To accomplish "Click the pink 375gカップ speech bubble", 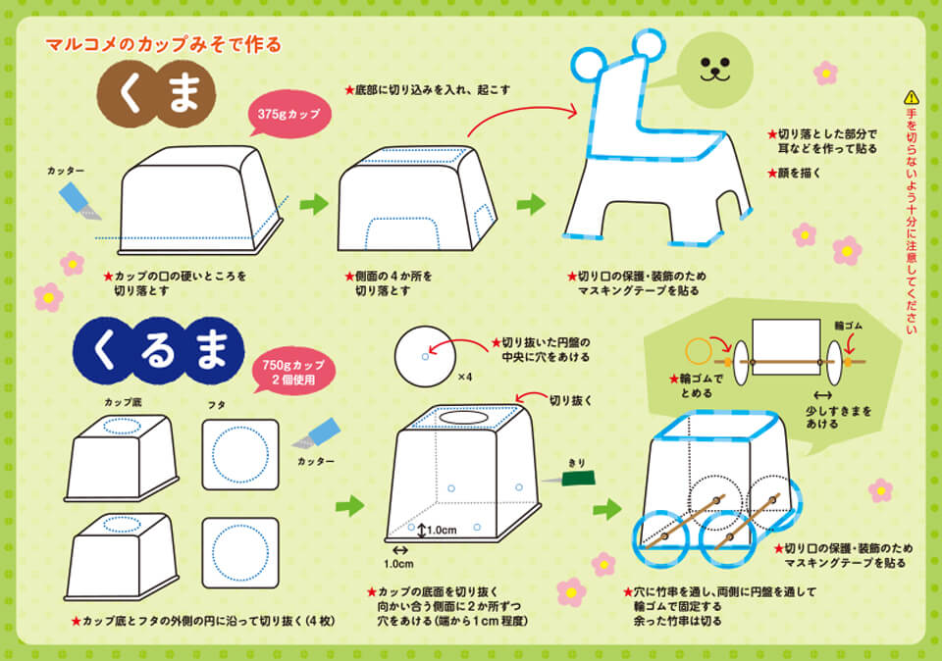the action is point(288,114).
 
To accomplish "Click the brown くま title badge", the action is point(157,94).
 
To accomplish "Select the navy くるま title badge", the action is point(159,351).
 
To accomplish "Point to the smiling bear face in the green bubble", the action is point(715,69).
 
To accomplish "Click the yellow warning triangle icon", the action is point(912,97).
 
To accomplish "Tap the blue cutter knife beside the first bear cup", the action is point(79,200).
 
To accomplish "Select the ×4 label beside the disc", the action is point(465,377).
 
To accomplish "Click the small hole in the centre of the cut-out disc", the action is point(425,357).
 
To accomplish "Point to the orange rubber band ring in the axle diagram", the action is point(699,352).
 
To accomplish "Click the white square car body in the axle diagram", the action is point(786,347).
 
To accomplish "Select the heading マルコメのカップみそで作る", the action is point(164,44).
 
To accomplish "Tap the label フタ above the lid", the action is point(217,405).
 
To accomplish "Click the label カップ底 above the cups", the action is point(124,402).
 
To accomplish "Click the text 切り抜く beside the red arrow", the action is point(571,400).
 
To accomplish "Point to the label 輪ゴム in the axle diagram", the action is point(848,326).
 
